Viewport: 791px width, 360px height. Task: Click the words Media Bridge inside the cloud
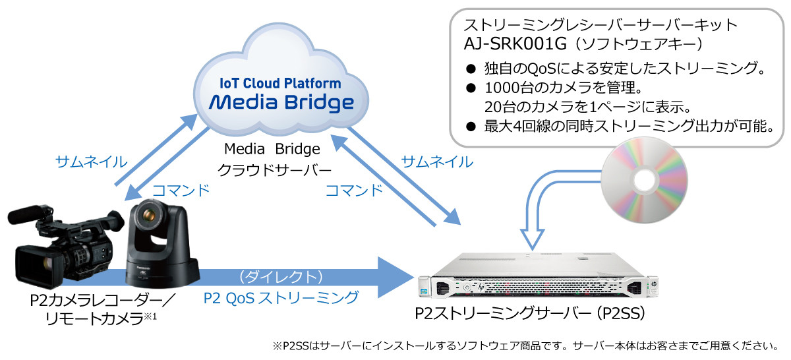click(x=281, y=102)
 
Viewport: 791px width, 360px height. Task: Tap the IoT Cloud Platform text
click(x=281, y=84)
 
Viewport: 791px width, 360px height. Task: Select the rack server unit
click(x=533, y=280)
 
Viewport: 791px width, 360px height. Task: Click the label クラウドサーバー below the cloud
click(x=274, y=169)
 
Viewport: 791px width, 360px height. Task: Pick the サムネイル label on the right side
click(x=437, y=162)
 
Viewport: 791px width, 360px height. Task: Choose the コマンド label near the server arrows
click(x=354, y=191)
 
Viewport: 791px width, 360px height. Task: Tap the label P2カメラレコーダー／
click(x=102, y=301)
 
